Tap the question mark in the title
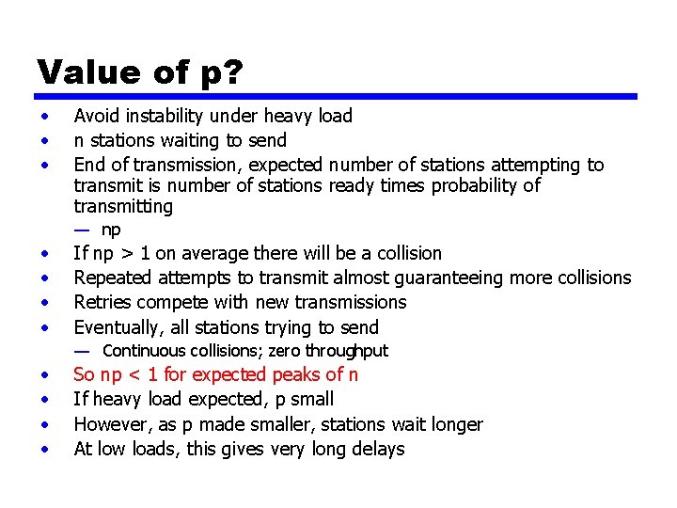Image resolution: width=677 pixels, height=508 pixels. pos(233,71)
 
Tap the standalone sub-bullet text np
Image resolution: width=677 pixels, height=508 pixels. pos(111,230)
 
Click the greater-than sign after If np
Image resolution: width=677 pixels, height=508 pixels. pos(132,254)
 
